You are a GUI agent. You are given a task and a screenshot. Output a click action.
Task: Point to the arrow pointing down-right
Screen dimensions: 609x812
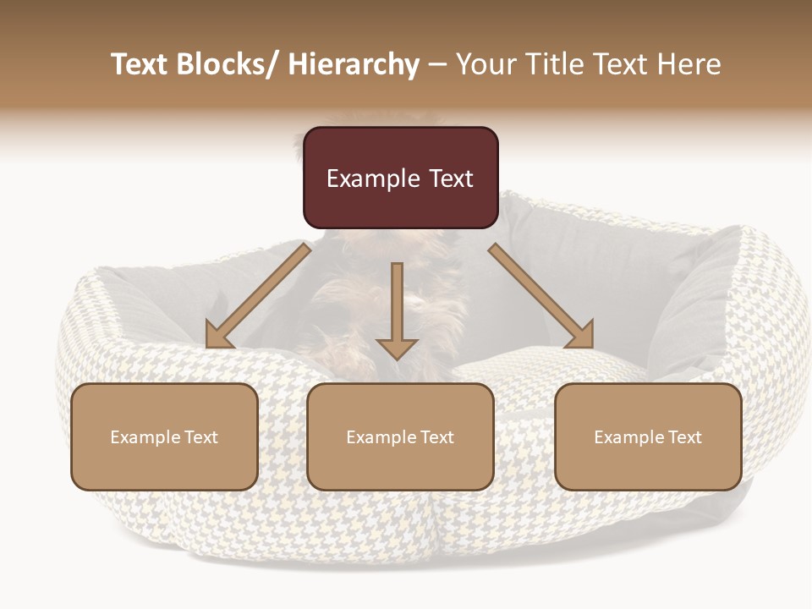coord(541,295)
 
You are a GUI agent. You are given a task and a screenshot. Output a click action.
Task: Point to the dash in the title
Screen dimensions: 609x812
coord(437,64)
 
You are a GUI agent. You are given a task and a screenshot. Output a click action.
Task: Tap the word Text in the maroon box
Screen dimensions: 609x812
coord(451,178)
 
